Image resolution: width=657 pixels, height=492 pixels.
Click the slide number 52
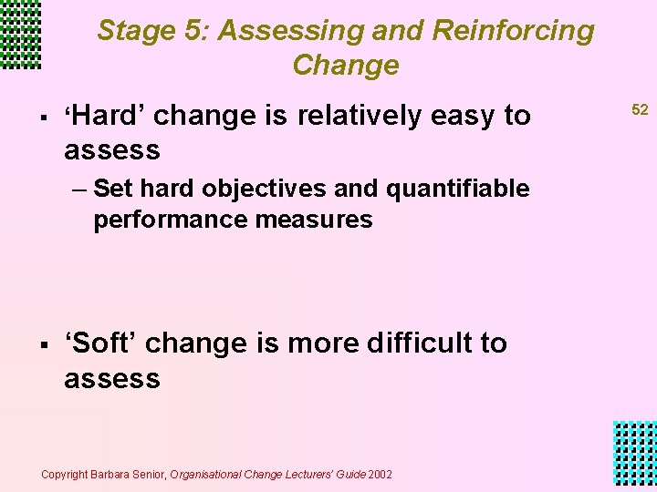coord(640,109)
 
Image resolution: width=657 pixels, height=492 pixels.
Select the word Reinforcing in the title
coord(513,31)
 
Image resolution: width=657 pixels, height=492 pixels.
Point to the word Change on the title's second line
coord(346,66)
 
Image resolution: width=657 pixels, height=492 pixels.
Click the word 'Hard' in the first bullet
coord(104,116)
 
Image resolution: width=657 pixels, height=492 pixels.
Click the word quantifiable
coord(457,189)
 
